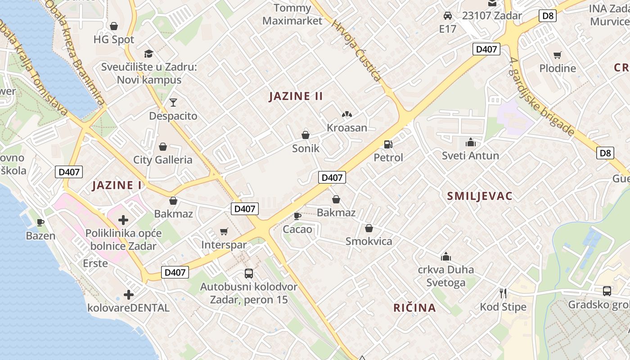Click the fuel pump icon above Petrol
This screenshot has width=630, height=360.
tap(387, 144)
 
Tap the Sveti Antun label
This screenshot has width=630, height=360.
tap(470, 156)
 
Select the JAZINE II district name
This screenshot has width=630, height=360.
tap(296, 96)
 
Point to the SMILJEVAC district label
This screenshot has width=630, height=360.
tap(480, 196)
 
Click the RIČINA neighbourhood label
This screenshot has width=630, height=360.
tap(414, 308)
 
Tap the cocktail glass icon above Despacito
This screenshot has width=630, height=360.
tap(173, 103)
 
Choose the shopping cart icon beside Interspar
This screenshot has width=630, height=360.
tap(224, 232)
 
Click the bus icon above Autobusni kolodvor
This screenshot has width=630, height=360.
tap(248, 273)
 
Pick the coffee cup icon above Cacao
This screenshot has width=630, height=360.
tap(297, 216)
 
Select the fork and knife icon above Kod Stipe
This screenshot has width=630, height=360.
tap(503, 293)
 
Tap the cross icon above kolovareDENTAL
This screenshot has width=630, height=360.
tap(129, 295)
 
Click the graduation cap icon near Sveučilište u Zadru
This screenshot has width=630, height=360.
tap(149, 54)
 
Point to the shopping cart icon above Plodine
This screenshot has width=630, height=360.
tap(558, 55)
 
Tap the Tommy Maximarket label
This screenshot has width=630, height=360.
tap(292, 14)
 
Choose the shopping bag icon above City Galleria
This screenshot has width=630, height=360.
tap(163, 147)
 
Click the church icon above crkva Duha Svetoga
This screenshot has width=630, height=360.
tap(446, 256)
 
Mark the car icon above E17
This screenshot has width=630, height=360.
tap(448, 16)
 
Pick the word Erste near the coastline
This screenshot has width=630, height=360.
tap(95, 263)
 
